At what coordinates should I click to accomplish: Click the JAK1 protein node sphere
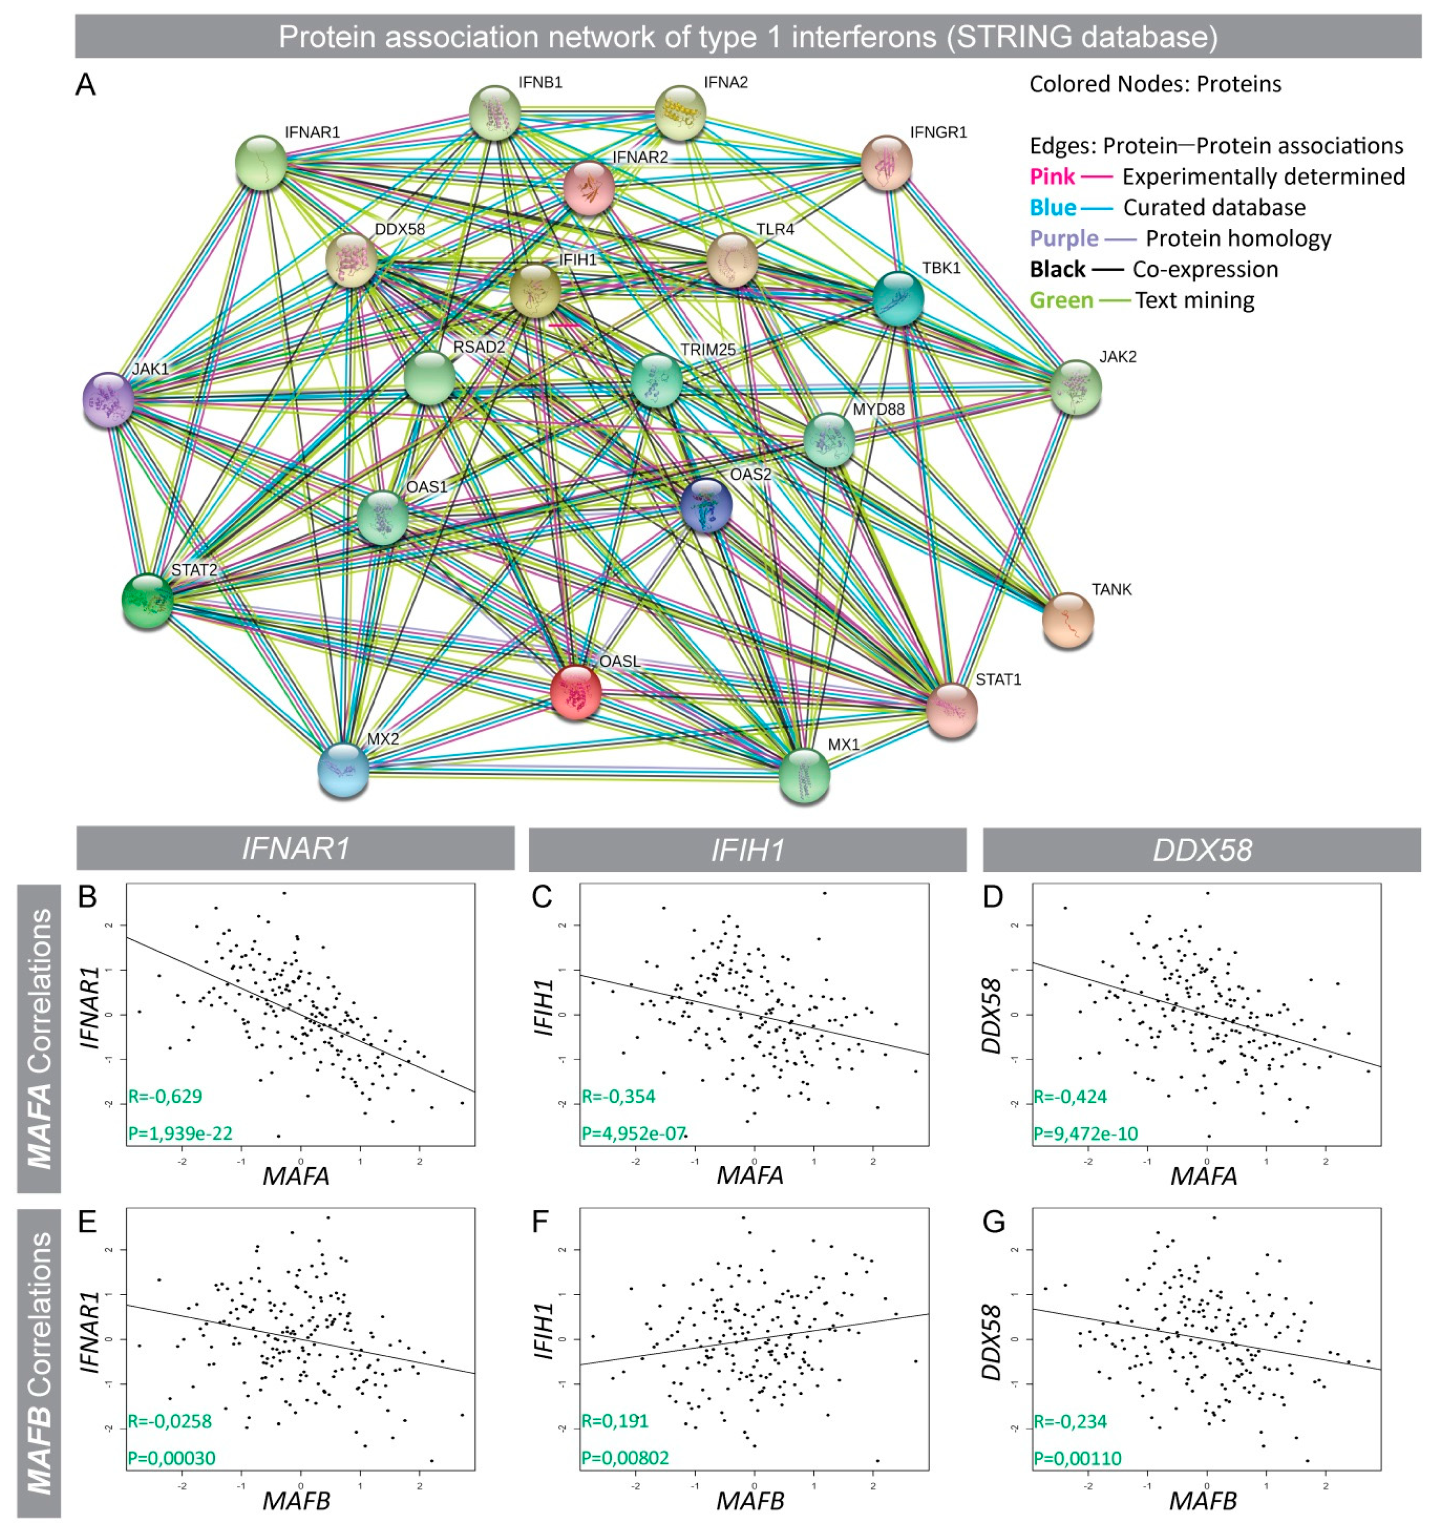point(108,400)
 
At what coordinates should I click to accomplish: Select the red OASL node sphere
point(576,692)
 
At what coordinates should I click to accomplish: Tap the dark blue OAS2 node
point(706,505)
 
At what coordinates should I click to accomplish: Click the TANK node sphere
point(1068,619)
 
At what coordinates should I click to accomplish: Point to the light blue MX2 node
point(343,770)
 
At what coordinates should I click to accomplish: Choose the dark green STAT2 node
point(148,600)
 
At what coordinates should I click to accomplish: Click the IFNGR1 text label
point(938,132)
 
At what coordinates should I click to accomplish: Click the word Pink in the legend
point(1051,177)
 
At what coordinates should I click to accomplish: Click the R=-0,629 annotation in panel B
point(165,1096)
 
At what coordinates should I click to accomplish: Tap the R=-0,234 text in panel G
point(1070,1420)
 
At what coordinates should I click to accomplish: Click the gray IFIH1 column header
point(746,849)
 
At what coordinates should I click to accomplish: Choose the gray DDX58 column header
point(1202,849)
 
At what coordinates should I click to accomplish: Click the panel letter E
point(87,1221)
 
